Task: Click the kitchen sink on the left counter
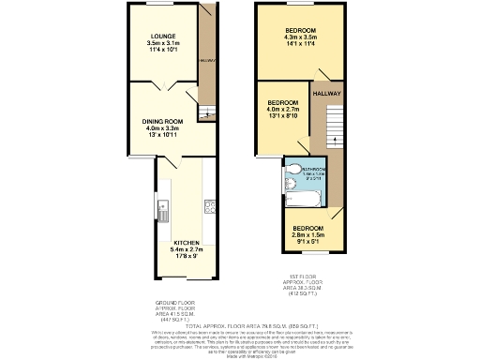162,208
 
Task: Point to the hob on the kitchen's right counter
209,208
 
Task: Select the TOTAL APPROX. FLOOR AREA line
240,325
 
